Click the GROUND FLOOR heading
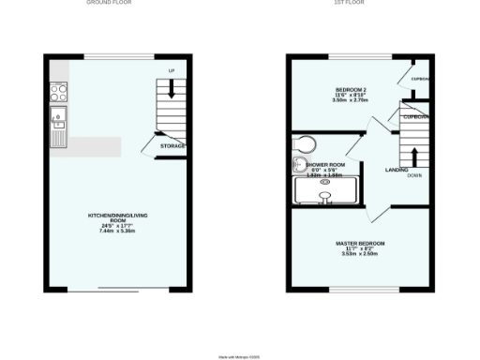[110, 3]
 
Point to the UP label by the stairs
[171, 71]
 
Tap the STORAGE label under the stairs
[172, 146]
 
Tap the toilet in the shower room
[305, 144]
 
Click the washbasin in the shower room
[299, 170]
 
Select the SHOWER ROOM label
[325, 164]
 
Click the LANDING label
[396, 170]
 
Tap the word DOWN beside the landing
[414, 175]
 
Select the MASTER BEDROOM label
[360, 243]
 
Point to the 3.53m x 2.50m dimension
[360, 253]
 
